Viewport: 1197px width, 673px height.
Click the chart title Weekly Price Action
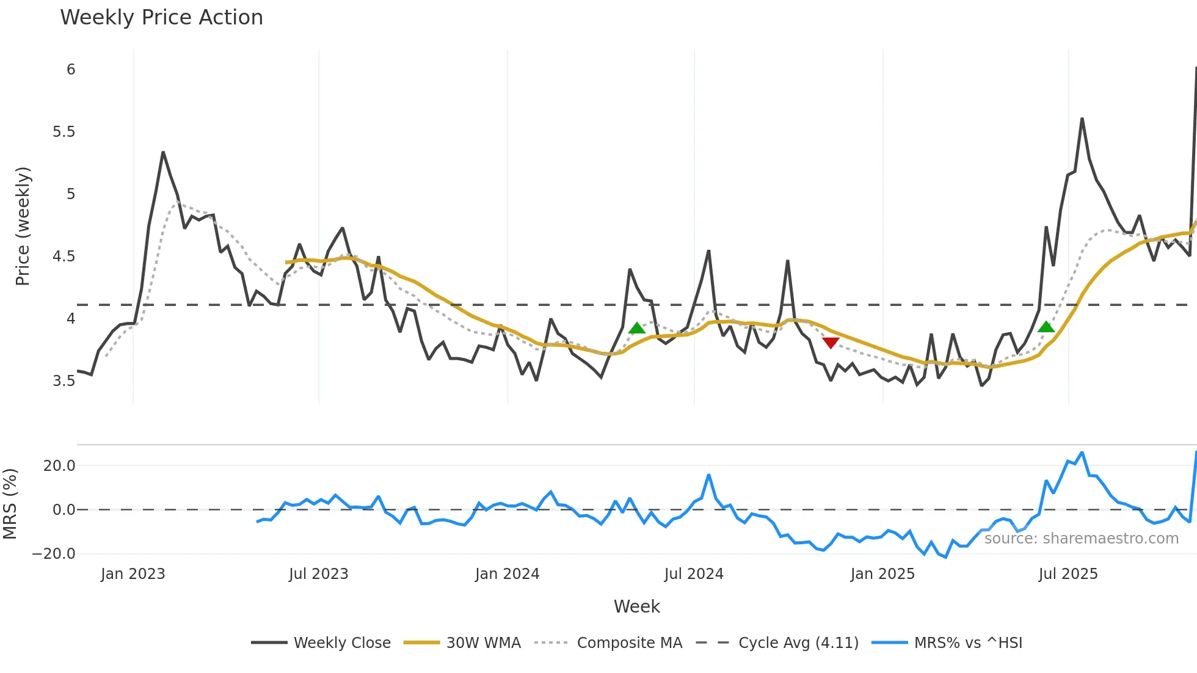(161, 18)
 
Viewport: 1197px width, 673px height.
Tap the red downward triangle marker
(831, 343)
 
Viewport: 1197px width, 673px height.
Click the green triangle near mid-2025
(1046, 327)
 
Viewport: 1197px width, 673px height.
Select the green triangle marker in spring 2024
(637, 329)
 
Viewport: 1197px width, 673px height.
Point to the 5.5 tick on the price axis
(64, 132)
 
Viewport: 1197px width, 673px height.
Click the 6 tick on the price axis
(71, 70)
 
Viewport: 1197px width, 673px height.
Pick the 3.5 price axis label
(64, 381)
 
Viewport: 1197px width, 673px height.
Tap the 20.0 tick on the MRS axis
(59, 466)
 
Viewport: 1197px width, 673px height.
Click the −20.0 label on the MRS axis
(54, 554)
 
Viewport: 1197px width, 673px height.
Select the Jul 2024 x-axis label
(694, 574)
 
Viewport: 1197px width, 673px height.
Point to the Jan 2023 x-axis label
(133, 574)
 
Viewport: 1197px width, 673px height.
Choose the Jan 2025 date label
(882, 574)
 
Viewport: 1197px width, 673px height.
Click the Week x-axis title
(636, 606)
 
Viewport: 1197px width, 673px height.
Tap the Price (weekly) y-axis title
(23, 226)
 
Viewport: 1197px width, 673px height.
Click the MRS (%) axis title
(10, 504)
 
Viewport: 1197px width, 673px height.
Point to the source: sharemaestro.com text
(1081, 539)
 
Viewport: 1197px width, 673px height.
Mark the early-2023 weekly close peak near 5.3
(163, 152)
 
